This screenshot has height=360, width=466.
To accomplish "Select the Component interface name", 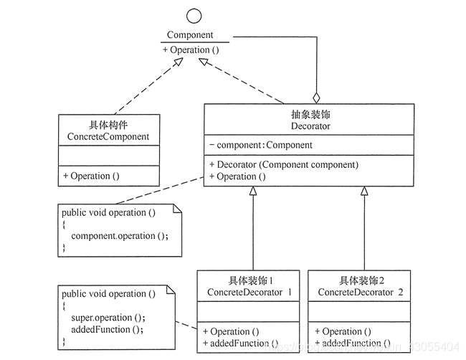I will click(190, 34).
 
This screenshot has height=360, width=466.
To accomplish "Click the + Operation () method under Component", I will click(190, 50).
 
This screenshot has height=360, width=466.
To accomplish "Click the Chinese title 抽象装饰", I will click(310, 114).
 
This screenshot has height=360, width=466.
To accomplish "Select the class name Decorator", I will click(310, 126).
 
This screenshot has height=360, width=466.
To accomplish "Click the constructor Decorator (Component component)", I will click(284, 164).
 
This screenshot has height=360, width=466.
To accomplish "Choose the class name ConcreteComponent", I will click(108, 136).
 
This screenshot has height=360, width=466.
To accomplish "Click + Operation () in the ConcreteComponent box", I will click(91, 176).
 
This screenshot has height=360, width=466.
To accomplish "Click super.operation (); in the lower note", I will click(108, 318).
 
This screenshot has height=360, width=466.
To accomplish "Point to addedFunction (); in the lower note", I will click(107, 329).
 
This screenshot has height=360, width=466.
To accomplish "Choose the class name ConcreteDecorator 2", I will click(361, 293).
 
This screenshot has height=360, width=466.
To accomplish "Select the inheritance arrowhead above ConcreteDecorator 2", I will click(363, 191).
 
